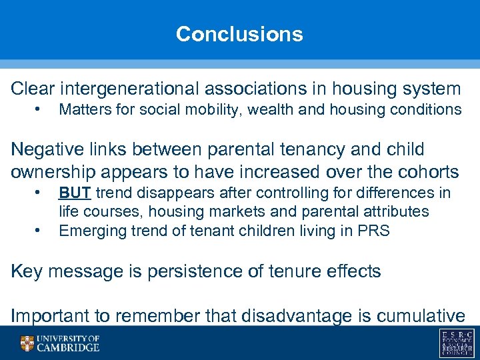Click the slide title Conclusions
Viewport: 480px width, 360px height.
[239, 34]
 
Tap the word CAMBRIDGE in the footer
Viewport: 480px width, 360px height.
[69, 348]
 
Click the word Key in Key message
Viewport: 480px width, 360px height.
[25, 271]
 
